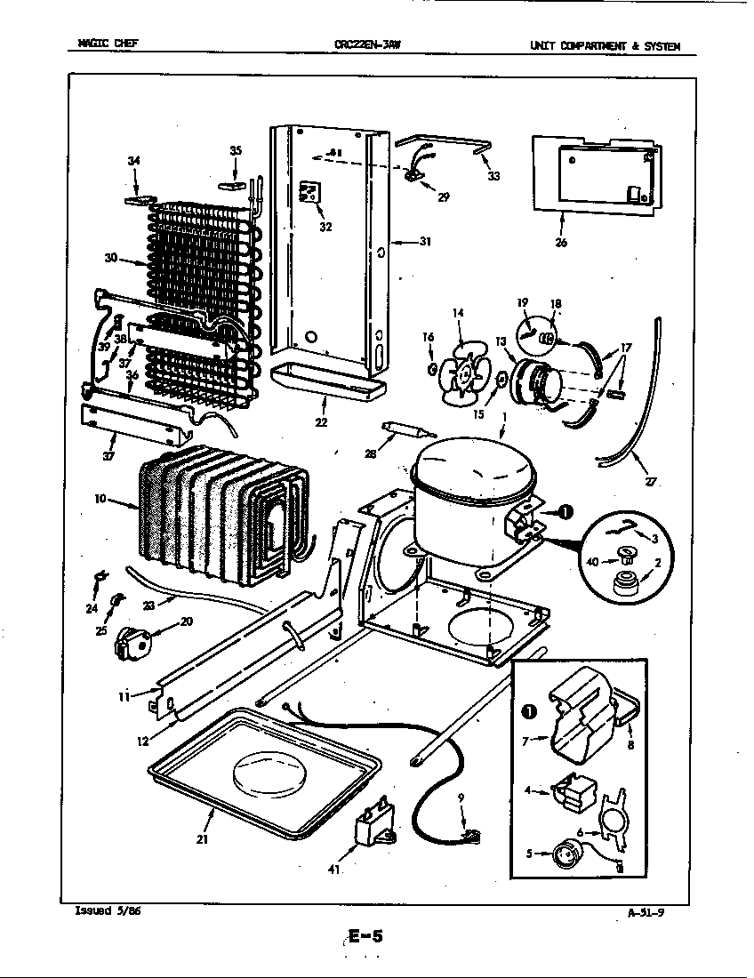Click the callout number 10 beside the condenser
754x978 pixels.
click(x=101, y=500)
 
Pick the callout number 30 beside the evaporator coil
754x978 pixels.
click(x=110, y=259)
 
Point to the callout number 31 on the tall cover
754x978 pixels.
click(x=425, y=241)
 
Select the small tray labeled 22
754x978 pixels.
click(x=324, y=381)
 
